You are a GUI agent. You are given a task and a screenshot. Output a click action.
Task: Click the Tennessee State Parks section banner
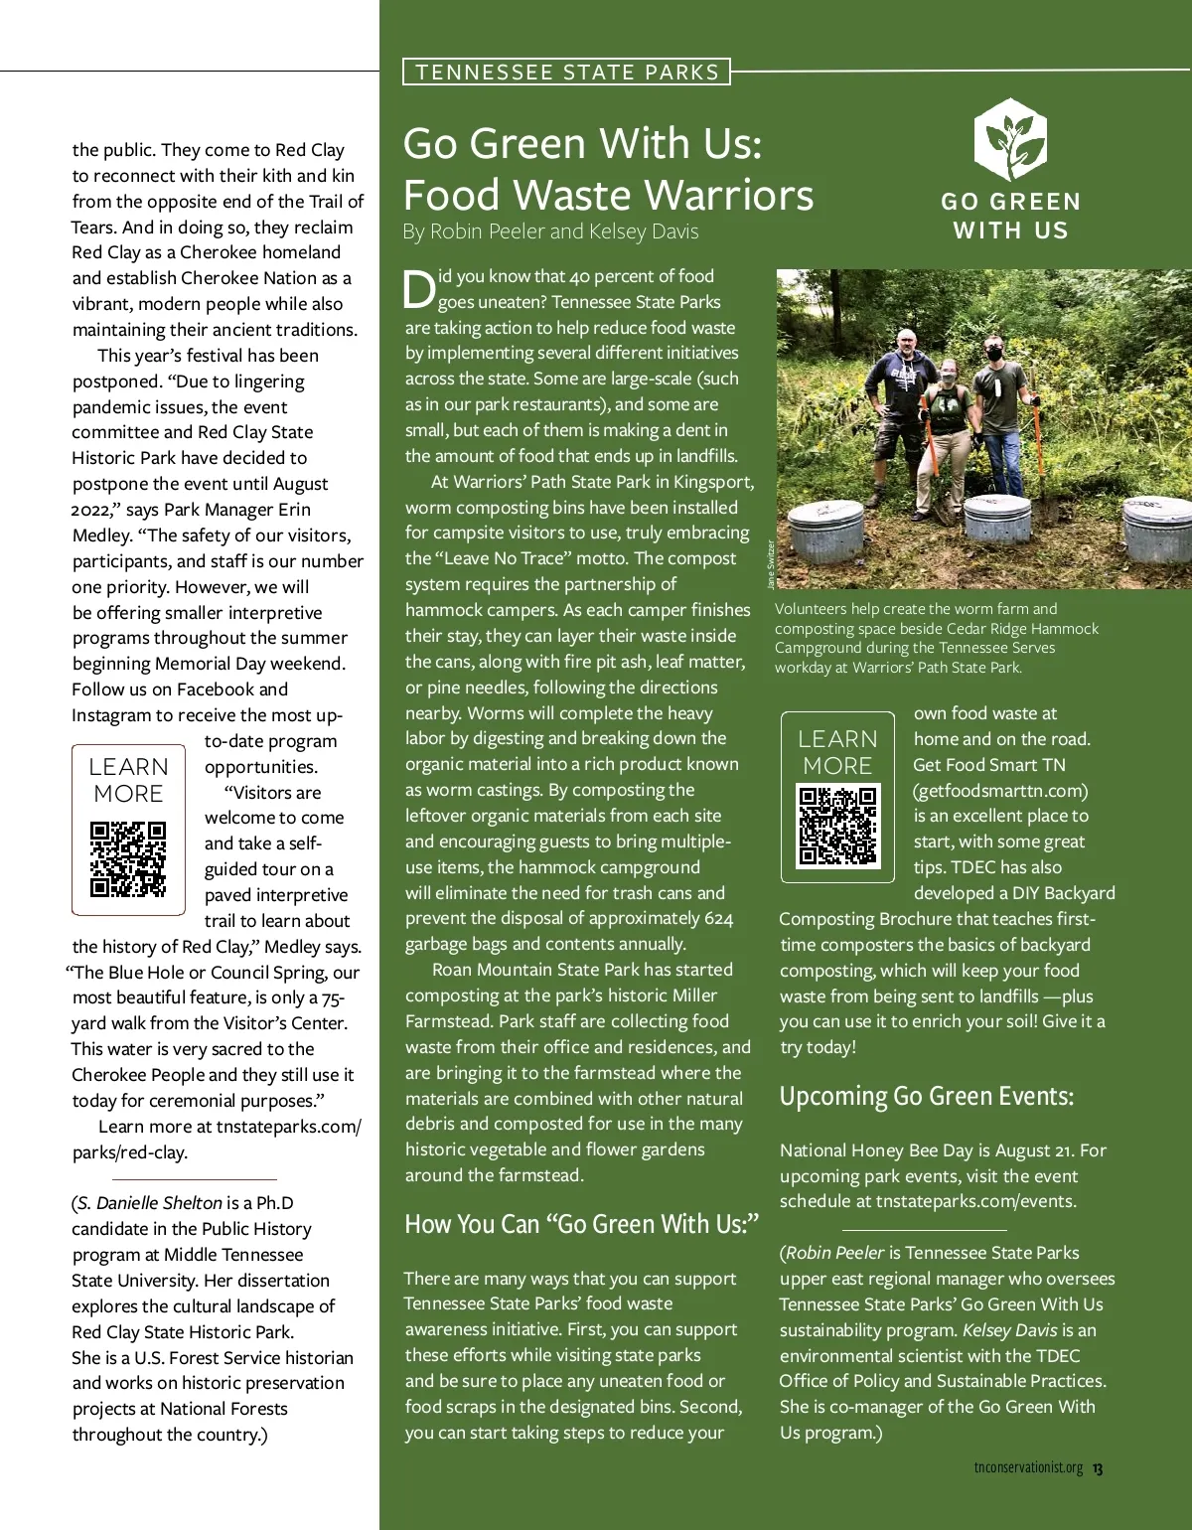(566, 72)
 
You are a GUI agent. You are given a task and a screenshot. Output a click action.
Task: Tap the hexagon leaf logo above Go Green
(1009, 139)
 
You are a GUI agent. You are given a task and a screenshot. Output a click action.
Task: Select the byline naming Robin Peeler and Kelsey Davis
(550, 231)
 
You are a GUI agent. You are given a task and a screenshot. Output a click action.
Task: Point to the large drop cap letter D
(419, 289)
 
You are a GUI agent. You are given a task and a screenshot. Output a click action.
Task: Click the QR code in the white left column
(128, 858)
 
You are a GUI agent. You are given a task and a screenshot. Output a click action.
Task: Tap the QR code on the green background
(838, 826)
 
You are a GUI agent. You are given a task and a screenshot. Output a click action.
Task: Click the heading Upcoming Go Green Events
(926, 1096)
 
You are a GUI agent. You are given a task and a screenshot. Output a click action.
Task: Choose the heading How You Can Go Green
(581, 1224)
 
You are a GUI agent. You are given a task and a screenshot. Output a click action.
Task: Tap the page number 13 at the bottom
(1098, 1468)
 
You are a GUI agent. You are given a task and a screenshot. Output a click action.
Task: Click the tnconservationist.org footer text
(1028, 1468)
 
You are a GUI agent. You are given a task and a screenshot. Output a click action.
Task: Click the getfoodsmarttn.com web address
(1000, 791)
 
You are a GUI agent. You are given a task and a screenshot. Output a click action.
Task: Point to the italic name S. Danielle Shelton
(149, 1203)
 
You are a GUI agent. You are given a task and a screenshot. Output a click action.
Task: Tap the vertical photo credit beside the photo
(771, 564)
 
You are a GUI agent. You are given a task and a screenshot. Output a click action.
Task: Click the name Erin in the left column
(294, 510)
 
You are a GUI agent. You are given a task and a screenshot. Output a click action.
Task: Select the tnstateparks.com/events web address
(975, 1201)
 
